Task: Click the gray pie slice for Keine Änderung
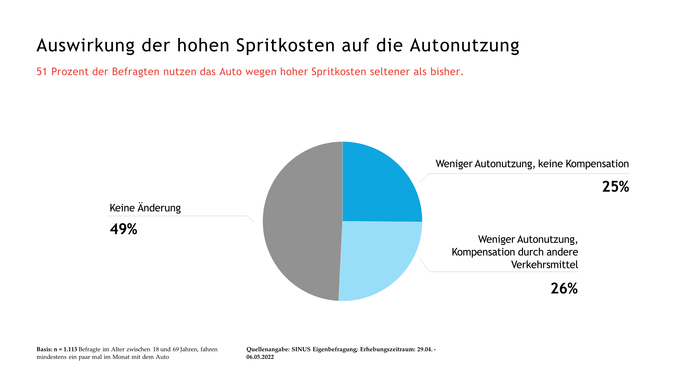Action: (x=300, y=221)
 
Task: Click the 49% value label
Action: (x=123, y=229)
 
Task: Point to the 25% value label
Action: (x=615, y=187)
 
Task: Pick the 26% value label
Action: (x=564, y=288)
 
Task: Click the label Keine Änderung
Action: (x=145, y=208)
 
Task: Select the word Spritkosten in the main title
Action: (x=285, y=45)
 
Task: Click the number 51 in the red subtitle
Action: (x=42, y=72)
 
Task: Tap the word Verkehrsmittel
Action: (x=544, y=265)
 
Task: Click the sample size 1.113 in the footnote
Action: (x=70, y=349)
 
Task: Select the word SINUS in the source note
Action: (x=301, y=349)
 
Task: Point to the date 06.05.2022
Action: (x=260, y=357)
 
